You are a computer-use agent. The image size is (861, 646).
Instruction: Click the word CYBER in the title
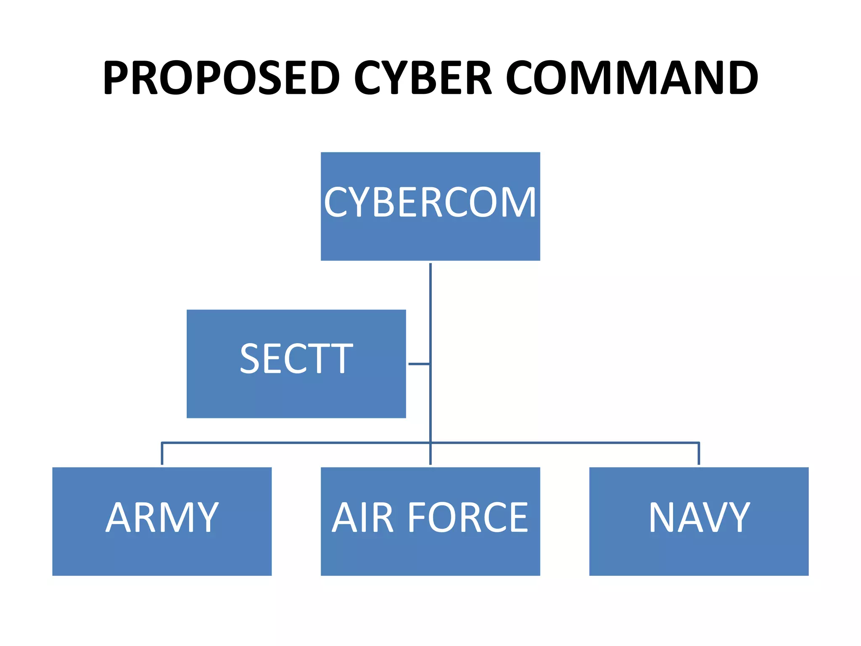(x=423, y=78)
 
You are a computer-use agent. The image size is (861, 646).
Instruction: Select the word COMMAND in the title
(x=631, y=78)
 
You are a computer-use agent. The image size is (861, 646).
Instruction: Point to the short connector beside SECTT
(x=419, y=364)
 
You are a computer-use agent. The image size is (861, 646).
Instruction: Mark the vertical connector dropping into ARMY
(x=162, y=453)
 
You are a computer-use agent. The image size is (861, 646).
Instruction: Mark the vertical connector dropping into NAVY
(x=699, y=453)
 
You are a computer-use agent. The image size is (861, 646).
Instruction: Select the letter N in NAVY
(x=663, y=517)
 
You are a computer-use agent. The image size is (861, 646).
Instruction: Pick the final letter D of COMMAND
(x=743, y=78)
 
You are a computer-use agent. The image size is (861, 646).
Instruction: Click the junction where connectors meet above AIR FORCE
(x=430, y=442)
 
